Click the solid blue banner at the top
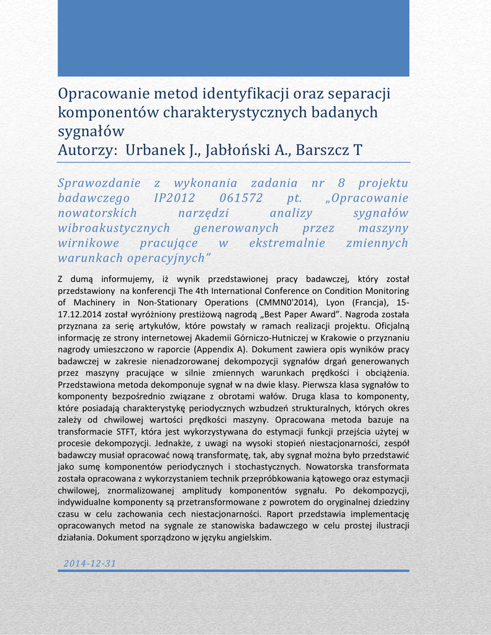pyautogui.click(x=233, y=38)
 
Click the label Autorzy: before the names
pyautogui.click(x=88, y=150)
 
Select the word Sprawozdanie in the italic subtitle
pyautogui.click(x=96, y=184)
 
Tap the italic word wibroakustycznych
pyautogui.click(x=114, y=228)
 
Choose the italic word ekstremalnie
pyautogui.click(x=287, y=243)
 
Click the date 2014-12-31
pyautogui.click(x=90, y=563)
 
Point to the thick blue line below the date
pyautogui.click(x=233, y=571)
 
